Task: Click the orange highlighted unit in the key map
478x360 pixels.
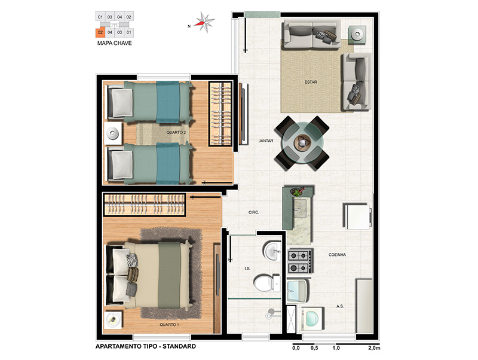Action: [x=100, y=32]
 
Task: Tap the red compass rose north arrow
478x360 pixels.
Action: [x=200, y=23]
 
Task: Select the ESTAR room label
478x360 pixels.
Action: [x=311, y=82]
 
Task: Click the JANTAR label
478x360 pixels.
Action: [x=266, y=141]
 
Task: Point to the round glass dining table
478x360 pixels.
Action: [x=302, y=142]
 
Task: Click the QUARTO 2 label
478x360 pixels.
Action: [x=176, y=132]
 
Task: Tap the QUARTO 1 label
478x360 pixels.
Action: [x=169, y=325]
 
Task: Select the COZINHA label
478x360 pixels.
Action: [x=337, y=254]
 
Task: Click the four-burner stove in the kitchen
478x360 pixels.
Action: [x=301, y=261]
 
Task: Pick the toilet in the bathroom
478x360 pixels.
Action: [x=266, y=283]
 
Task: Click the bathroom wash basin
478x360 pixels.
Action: [x=272, y=251]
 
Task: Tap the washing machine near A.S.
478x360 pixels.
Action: [x=312, y=319]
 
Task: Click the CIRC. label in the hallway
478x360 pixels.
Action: [x=253, y=212]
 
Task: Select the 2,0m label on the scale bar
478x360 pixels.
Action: [x=374, y=348]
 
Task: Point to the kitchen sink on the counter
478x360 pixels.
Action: [x=301, y=208]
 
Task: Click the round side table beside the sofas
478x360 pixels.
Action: [x=357, y=35]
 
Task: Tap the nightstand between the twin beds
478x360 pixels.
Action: [x=113, y=133]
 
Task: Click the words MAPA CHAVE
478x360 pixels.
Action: [x=115, y=43]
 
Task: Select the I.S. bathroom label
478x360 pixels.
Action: [x=247, y=269]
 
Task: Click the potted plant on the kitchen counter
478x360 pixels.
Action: [x=297, y=191]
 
